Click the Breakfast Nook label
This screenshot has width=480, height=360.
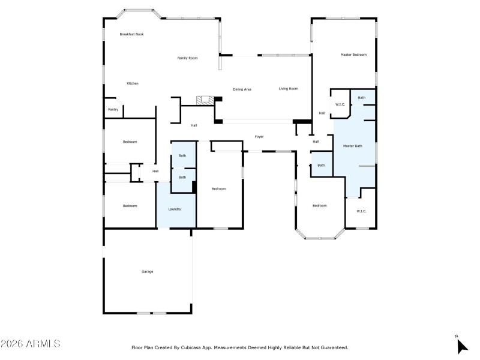(x=131, y=34)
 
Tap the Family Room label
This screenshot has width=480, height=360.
(x=187, y=58)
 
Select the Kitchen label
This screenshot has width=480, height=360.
(x=132, y=83)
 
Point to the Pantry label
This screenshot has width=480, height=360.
(x=113, y=110)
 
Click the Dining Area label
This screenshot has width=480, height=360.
(x=242, y=89)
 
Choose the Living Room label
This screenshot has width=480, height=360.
(x=288, y=89)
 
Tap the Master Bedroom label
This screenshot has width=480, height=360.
(x=353, y=55)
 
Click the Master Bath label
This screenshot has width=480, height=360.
(x=352, y=146)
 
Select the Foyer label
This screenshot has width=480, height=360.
(x=259, y=137)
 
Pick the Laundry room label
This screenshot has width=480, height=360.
(x=175, y=209)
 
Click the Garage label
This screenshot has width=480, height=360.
(x=147, y=272)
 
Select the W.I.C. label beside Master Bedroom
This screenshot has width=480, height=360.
(x=339, y=105)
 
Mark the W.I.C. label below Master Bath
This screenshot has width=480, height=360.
(x=361, y=211)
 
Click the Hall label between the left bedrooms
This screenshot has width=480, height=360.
(x=155, y=172)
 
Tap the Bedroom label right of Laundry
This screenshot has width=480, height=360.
(x=218, y=189)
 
